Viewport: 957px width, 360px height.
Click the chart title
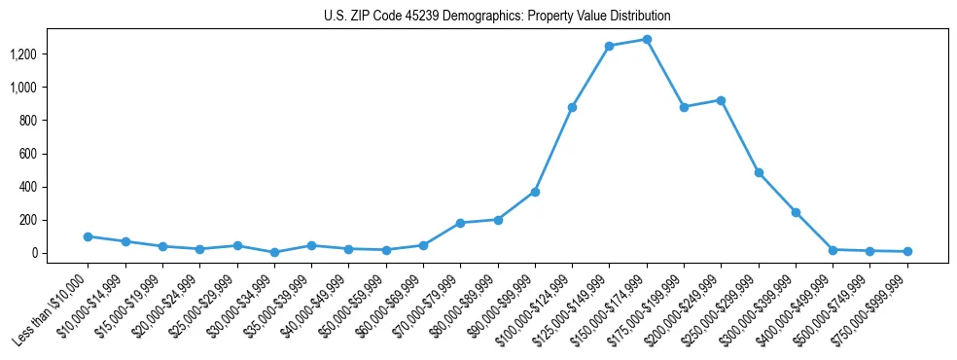point(497,17)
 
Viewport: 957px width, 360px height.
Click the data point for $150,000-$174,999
point(647,40)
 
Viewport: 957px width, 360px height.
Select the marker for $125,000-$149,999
point(609,46)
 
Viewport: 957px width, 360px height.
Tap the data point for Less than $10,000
point(88,236)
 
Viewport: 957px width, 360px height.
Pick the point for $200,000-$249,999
point(721,100)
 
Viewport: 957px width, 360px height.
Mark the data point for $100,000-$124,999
point(572,107)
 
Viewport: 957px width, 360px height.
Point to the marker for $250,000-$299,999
point(759,172)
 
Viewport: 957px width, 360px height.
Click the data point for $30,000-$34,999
point(274,252)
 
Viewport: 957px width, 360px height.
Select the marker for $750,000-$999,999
point(907,251)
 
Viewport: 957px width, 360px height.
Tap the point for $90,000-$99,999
point(535,192)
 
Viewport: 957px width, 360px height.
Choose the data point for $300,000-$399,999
point(796,212)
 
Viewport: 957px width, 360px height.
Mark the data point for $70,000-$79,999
point(460,223)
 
